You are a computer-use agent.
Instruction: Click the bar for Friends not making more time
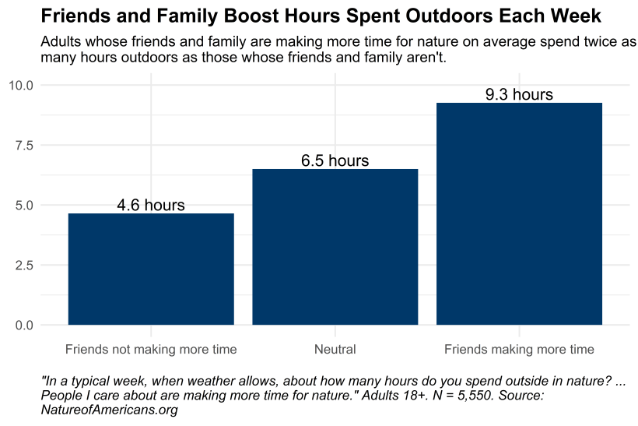point(151,269)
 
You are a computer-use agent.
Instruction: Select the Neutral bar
point(335,247)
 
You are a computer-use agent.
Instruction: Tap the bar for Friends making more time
point(519,213)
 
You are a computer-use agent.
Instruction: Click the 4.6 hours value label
point(151,206)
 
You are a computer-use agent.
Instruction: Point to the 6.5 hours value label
point(335,161)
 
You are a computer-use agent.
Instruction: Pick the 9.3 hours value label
point(519,95)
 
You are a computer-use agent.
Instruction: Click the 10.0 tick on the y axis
point(21,85)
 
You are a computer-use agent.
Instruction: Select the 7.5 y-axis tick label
point(24,145)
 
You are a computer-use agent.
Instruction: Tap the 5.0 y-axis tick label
point(24,205)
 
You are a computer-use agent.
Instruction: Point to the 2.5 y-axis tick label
point(24,265)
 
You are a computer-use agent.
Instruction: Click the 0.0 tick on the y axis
point(24,325)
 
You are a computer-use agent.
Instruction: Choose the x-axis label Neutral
point(335,349)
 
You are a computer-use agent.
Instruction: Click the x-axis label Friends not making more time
point(151,349)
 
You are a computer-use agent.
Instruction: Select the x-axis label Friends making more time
point(519,349)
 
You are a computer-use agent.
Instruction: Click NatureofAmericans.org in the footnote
point(109,410)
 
